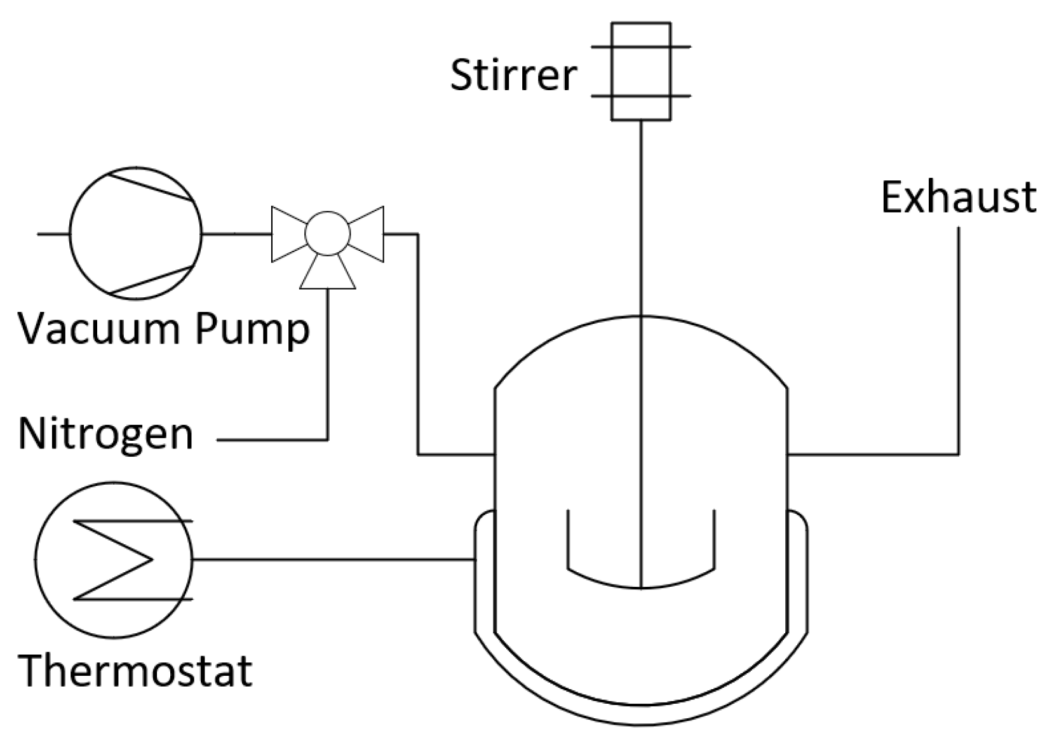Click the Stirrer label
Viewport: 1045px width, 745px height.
(513, 75)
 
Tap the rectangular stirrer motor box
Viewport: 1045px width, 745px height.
(640, 71)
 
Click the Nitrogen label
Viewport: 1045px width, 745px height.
(105, 434)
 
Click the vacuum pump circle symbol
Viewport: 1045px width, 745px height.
(135, 233)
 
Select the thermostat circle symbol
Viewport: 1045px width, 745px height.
(113, 560)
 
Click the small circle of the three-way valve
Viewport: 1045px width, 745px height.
(327, 233)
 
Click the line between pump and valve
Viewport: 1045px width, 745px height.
(236, 234)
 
